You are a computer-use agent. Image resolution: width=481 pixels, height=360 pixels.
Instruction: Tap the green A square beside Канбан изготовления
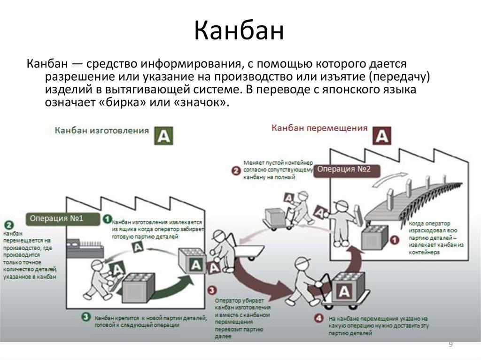coord(163,135)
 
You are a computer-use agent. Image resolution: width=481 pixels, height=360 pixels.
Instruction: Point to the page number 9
coord(451,345)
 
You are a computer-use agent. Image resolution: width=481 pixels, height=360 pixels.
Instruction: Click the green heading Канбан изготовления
coord(101,130)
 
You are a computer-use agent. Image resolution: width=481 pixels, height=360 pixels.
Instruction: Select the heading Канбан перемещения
coord(319,128)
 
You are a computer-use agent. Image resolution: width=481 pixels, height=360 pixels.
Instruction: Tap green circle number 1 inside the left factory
coord(108,219)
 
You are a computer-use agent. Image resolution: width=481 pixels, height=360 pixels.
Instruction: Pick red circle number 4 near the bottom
coord(319,319)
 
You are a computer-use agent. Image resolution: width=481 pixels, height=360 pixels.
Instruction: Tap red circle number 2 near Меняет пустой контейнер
coord(236,170)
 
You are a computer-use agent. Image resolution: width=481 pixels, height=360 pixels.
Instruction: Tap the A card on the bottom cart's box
coord(344,292)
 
